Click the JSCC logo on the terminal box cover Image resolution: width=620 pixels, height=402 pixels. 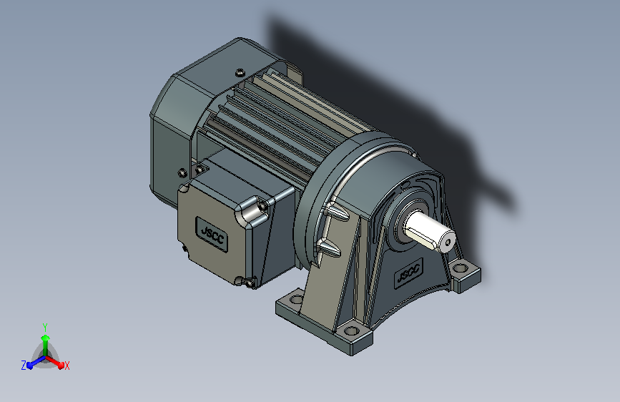pyautogui.click(x=212, y=234)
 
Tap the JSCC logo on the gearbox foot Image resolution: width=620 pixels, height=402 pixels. pyautogui.click(x=409, y=272)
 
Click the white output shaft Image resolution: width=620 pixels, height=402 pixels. pyautogui.click(x=429, y=232)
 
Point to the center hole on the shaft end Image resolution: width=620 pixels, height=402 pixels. pyautogui.click(x=448, y=242)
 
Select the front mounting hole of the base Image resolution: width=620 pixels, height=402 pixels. pyautogui.click(x=352, y=330)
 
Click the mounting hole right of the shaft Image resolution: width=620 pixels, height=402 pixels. pyautogui.click(x=460, y=268)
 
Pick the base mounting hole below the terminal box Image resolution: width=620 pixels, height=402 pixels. pyautogui.click(x=296, y=298)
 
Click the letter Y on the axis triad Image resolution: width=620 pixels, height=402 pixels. pyautogui.click(x=45, y=327)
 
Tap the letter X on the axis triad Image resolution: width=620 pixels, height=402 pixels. pyautogui.click(x=67, y=366)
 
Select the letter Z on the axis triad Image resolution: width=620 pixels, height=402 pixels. pyautogui.click(x=24, y=366)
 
